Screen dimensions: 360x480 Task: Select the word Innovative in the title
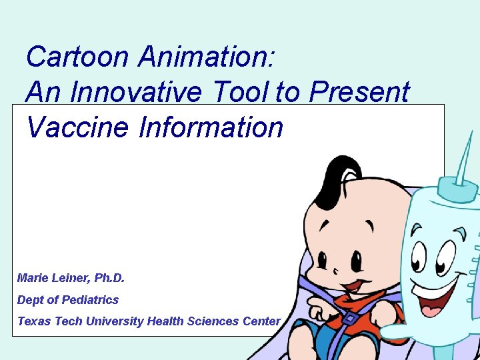[135, 93]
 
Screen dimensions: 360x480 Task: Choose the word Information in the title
[211, 127]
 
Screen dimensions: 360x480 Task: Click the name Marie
[33, 277]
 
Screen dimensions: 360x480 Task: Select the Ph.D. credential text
[108, 277]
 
